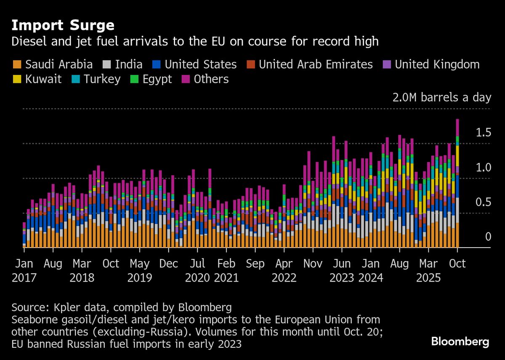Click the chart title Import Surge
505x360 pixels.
63,25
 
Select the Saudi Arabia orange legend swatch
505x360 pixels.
17,64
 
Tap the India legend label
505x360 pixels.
128,64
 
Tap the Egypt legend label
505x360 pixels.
156,79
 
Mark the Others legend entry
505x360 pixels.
211,79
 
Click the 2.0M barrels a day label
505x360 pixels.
441,98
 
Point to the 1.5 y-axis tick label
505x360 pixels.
483,133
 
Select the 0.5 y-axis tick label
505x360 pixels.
483,203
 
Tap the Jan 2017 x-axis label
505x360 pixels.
24,271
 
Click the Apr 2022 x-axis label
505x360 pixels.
284,271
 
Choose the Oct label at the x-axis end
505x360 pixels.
457,264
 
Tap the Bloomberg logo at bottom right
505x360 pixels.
460,341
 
